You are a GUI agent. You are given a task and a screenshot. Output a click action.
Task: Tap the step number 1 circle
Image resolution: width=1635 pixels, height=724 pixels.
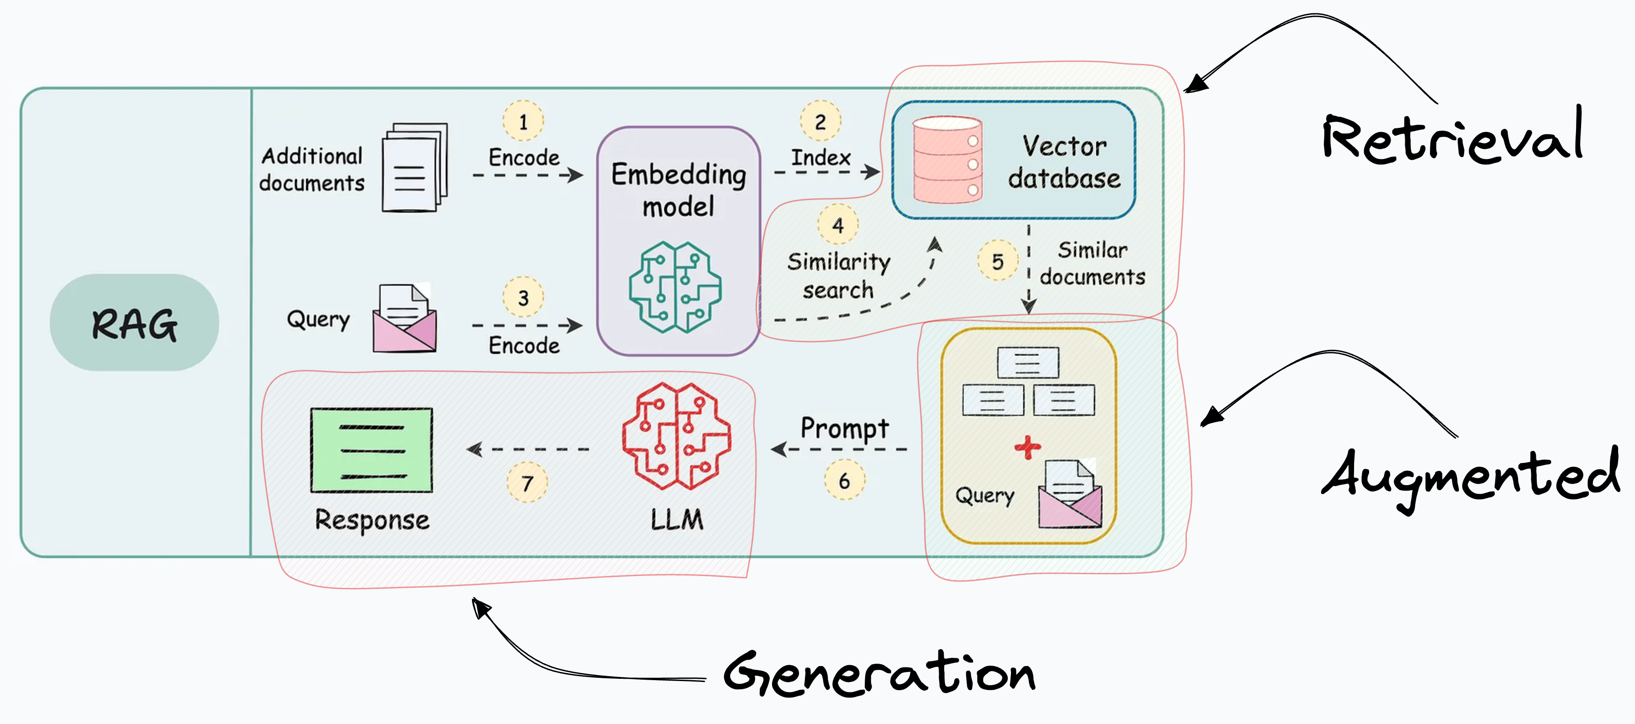523,121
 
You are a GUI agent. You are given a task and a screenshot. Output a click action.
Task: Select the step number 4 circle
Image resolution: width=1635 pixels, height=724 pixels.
838,225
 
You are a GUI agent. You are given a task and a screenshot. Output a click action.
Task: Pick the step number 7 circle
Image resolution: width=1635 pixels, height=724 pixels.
527,483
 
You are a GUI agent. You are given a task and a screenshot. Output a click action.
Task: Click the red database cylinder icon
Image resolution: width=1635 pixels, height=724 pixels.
947,160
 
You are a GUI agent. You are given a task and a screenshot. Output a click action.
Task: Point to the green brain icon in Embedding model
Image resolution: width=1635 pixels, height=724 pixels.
675,287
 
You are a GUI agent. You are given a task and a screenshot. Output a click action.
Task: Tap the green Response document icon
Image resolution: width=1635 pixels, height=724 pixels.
372,450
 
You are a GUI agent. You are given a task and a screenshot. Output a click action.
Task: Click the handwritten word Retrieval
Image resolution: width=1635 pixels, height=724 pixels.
1452,137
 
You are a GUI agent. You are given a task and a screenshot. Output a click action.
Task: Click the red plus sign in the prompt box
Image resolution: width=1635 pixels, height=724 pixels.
1027,447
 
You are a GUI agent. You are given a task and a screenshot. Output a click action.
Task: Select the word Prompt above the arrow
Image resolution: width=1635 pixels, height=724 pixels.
844,428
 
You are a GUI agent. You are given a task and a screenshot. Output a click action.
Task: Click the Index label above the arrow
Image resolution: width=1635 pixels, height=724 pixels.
820,157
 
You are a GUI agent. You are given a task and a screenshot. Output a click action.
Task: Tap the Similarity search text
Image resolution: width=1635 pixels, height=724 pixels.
838,275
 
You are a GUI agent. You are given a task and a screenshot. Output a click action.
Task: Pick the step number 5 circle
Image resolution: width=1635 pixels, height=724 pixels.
997,261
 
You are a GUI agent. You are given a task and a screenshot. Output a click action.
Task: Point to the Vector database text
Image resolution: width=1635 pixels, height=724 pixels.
1064,162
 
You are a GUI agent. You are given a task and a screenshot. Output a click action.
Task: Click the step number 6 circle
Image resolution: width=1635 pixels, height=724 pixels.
844,481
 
